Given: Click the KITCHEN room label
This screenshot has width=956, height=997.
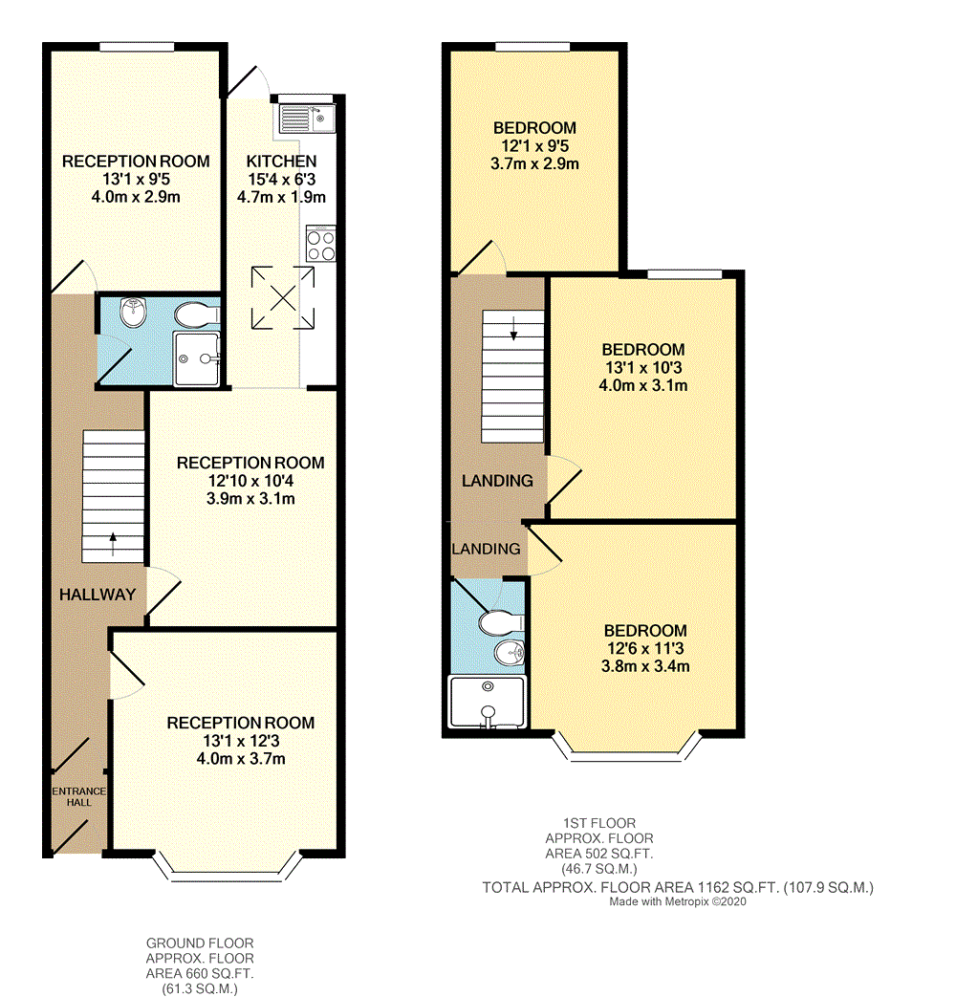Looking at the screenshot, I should pos(281,161).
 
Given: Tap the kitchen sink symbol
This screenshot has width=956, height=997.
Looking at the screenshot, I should pos(305,119).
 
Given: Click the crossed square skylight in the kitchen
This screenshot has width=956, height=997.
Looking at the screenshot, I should pos(282,289).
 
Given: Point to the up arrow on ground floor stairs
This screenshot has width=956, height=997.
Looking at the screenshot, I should pos(115,543).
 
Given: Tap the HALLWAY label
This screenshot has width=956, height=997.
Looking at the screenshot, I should pos(98,594).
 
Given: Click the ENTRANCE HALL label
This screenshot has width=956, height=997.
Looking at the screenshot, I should pos(78,796).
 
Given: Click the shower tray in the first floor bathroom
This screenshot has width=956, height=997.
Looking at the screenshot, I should pos(488,703).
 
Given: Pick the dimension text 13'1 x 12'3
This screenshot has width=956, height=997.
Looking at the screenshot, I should pos(227,741).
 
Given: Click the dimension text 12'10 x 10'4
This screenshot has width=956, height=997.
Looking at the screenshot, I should pos(250,481).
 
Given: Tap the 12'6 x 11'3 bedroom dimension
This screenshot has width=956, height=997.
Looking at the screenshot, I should pos(644,649).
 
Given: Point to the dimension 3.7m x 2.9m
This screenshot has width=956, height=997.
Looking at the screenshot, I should pos(534,164).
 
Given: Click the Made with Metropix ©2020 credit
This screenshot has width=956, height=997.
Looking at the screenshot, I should pos(678,900).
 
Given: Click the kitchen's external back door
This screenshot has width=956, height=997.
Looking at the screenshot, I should pos(246,79).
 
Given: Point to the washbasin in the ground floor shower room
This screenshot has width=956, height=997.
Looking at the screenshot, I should pos(134,313).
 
